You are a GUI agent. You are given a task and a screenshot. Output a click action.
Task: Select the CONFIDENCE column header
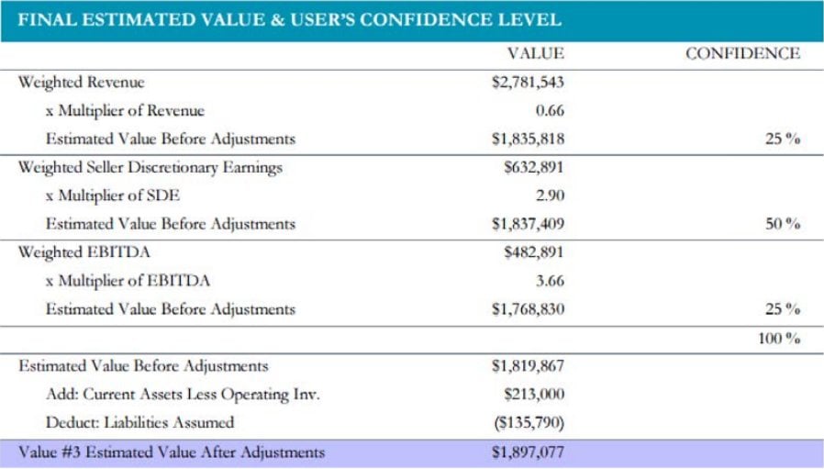(742, 54)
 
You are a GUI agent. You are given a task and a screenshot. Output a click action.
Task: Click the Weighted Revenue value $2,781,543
(528, 83)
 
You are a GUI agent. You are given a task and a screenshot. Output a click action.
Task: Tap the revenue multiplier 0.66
(549, 111)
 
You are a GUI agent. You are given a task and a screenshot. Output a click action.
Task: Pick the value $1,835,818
(528, 140)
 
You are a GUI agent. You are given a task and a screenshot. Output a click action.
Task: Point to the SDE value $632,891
(535, 167)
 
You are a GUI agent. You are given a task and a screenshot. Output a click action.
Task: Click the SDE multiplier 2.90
(549, 195)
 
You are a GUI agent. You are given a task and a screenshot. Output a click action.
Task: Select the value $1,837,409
(528, 224)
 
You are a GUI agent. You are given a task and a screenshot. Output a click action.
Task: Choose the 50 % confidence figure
(783, 224)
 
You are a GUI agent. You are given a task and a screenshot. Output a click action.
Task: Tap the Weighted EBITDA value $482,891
(535, 252)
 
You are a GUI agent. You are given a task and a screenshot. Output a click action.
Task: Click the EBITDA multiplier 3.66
(549, 281)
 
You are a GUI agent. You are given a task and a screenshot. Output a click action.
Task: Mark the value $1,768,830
(528, 309)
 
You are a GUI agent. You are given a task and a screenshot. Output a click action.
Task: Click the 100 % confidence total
(779, 339)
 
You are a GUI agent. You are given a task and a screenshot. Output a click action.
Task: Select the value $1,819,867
(528, 366)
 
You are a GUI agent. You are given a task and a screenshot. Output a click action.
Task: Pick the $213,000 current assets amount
(535, 395)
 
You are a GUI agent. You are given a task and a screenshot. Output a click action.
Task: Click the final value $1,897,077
(528, 452)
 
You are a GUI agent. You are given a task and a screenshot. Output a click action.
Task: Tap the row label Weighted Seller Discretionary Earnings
(150, 167)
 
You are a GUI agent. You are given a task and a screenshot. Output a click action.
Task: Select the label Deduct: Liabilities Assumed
(139, 423)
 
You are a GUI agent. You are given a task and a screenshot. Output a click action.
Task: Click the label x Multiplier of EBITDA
(128, 281)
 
